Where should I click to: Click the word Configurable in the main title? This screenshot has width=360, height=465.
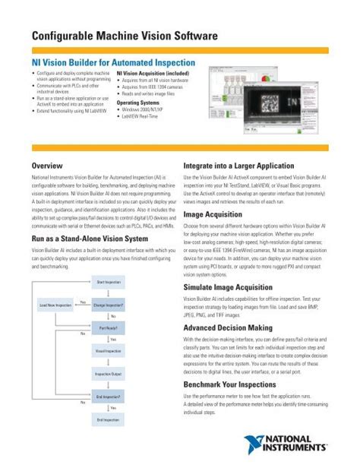tap(65, 36)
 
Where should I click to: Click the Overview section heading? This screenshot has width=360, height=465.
tap(47, 165)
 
